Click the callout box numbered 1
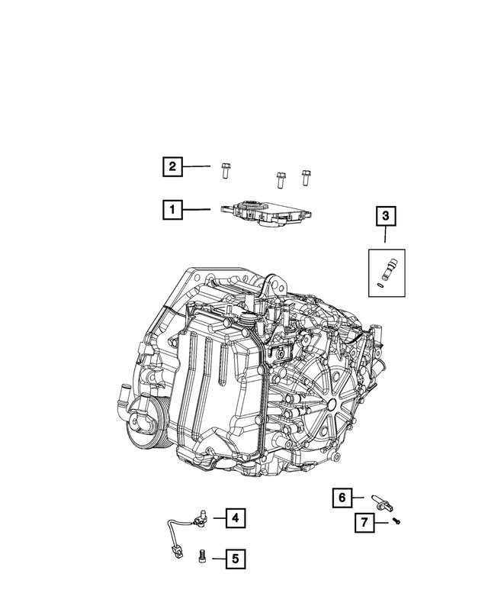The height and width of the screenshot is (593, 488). pyautogui.click(x=172, y=209)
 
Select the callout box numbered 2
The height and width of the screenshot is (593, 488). pyautogui.click(x=172, y=166)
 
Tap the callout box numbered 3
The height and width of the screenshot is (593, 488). pyautogui.click(x=386, y=217)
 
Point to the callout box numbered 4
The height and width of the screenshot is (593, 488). pyautogui.click(x=235, y=519)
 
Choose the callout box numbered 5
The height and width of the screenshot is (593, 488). pyautogui.click(x=235, y=559)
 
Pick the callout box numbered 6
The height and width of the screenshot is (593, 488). pyautogui.click(x=342, y=498)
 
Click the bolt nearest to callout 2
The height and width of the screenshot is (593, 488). pyautogui.click(x=226, y=170)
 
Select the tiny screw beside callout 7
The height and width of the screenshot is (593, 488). pyautogui.click(x=397, y=520)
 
